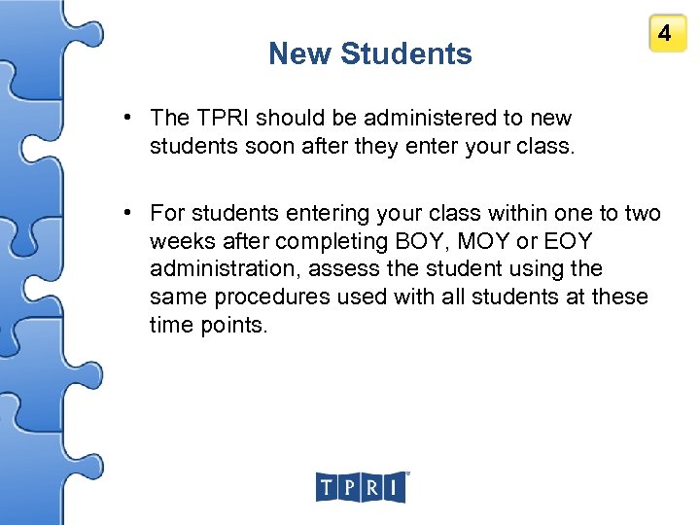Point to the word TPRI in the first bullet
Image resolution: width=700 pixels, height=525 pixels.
pyautogui.click(x=224, y=119)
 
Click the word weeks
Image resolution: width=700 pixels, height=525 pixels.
pyautogui.click(x=180, y=240)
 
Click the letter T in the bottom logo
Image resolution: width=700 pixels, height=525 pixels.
pyautogui.click(x=327, y=487)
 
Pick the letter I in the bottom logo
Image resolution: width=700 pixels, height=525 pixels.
pyautogui.click(x=394, y=487)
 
